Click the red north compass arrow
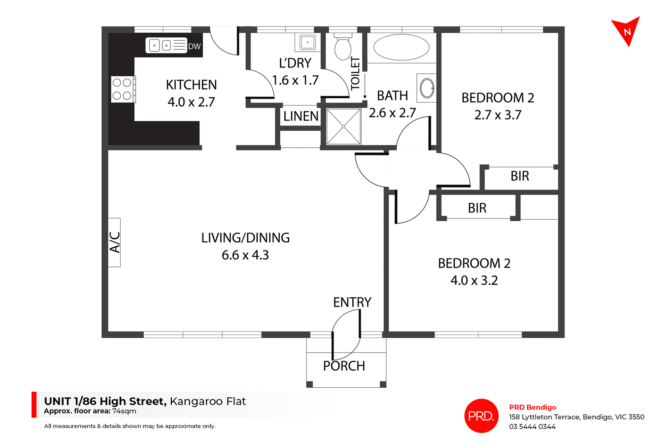[626, 32]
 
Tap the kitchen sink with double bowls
[166, 45]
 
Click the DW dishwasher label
[195, 47]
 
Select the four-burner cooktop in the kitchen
[122, 89]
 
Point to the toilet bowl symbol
[343, 48]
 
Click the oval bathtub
[401, 47]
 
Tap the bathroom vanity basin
[427, 88]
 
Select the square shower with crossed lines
[344, 126]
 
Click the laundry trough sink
[307, 42]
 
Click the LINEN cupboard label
[301, 116]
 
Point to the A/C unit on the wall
[114, 242]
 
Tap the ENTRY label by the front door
[352, 302]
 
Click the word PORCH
[344, 366]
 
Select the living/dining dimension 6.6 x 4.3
[245, 255]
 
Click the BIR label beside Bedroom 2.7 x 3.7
[520, 176]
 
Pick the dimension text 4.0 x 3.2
[474, 280]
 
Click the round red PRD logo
[481, 415]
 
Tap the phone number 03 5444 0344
[532, 427]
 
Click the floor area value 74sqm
[124, 411]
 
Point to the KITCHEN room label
[191, 85]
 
